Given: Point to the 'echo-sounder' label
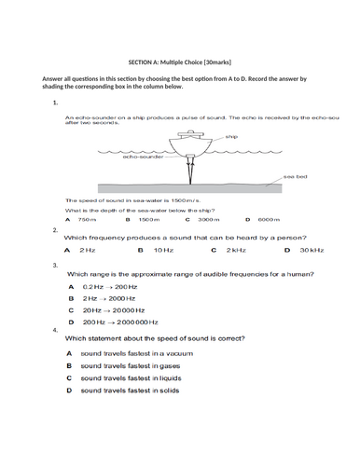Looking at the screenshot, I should click(x=141, y=158).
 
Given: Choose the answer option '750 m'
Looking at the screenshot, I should click(x=87, y=220).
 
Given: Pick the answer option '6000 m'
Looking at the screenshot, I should click(x=270, y=220).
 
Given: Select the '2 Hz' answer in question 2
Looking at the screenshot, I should click(x=86, y=250).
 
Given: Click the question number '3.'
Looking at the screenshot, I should click(x=56, y=265).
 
